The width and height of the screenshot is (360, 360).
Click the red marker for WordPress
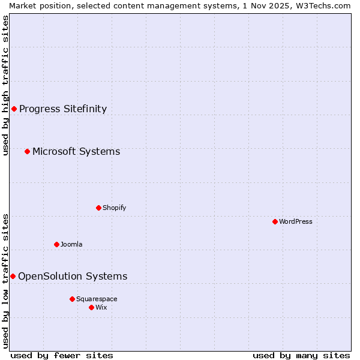point(275,221)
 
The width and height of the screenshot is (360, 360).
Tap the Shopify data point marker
point(98,208)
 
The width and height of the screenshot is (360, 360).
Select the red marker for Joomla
point(56,244)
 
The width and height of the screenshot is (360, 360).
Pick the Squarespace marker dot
point(72,299)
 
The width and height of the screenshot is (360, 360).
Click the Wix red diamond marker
point(91,307)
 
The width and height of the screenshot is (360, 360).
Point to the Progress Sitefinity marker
point(14,109)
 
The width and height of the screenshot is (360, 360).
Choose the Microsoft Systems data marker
point(27,151)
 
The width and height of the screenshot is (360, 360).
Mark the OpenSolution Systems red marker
point(13,276)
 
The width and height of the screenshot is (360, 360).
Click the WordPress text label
point(295,221)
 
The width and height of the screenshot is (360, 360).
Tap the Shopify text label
point(114,208)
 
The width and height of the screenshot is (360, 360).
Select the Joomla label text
point(71,244)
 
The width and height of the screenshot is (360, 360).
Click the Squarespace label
point(97,299)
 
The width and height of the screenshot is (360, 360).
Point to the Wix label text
point(101,307)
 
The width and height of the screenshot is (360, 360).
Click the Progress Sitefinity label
point(63,109)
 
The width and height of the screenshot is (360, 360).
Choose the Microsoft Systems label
point(76,151)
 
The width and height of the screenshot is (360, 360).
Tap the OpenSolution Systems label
point(73,276)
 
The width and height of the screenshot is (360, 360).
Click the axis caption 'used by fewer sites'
point(62,355)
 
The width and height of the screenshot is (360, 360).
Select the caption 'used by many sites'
point(301,355)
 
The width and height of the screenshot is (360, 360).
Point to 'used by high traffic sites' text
point(6,85)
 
